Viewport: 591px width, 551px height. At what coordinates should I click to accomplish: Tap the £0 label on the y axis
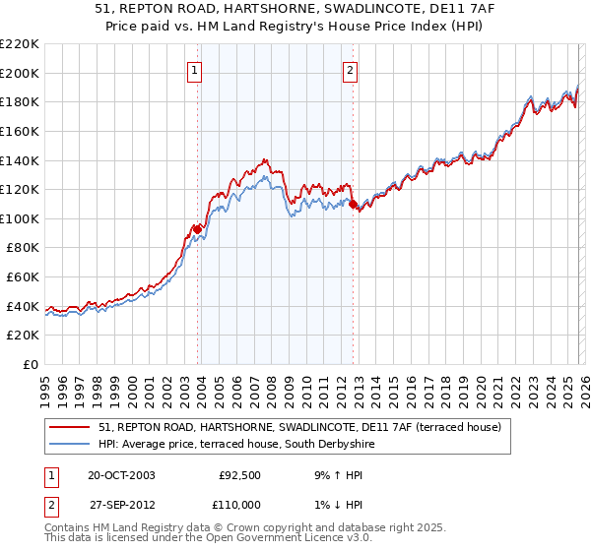(32, 365)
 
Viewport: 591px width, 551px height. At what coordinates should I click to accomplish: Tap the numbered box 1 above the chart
(195, 70)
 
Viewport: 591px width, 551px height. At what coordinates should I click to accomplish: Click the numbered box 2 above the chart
(351, 70)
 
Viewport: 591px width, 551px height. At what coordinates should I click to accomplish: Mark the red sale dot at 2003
(197, 229)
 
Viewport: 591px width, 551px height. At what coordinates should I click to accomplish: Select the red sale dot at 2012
(353, 205)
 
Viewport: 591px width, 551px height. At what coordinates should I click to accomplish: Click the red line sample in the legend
(70, 427)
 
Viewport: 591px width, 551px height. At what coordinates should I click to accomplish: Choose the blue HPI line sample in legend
(70, 445)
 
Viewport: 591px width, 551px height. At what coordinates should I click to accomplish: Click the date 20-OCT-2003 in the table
(121, 474)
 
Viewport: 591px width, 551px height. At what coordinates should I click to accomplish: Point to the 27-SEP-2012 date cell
(121, 504)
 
